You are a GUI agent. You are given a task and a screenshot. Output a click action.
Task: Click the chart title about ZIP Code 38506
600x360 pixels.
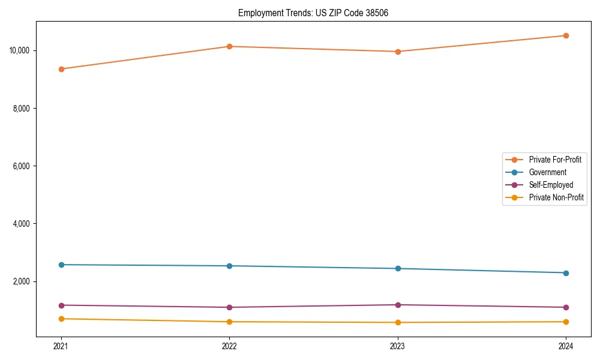pos(313,13)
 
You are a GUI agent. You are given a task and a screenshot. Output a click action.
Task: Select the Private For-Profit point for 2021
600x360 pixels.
pos(61,69)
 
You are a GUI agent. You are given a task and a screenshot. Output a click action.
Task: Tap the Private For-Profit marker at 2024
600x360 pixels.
pos(566,35)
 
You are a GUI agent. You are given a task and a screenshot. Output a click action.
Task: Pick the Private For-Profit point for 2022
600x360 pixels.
pos(229,46)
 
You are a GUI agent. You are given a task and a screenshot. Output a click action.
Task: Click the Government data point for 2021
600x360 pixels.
pos(61,265)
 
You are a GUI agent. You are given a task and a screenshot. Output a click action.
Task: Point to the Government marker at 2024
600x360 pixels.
pos(566,273)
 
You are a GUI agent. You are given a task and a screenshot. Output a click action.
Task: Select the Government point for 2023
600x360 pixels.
pos(398,268)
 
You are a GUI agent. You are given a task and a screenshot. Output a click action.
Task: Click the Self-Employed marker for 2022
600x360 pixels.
pos(229,307)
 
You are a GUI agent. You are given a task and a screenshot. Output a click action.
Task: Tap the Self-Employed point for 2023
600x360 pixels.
pos(398,305)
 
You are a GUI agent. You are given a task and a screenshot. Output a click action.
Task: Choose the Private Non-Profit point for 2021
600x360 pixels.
pos(61,319)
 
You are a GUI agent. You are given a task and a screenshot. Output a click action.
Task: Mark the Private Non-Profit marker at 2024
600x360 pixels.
pos(566,322)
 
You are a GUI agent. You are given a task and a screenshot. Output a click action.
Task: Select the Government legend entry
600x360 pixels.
pos(547,172)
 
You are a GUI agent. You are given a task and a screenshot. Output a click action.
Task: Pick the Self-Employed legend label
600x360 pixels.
pos(551,185)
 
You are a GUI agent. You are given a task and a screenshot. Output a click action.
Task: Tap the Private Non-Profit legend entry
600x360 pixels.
pos(556,197)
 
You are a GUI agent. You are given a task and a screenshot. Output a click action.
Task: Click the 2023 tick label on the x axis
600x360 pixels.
pos(398,346)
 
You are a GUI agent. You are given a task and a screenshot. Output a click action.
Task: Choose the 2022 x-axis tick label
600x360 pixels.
pos(229,346)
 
